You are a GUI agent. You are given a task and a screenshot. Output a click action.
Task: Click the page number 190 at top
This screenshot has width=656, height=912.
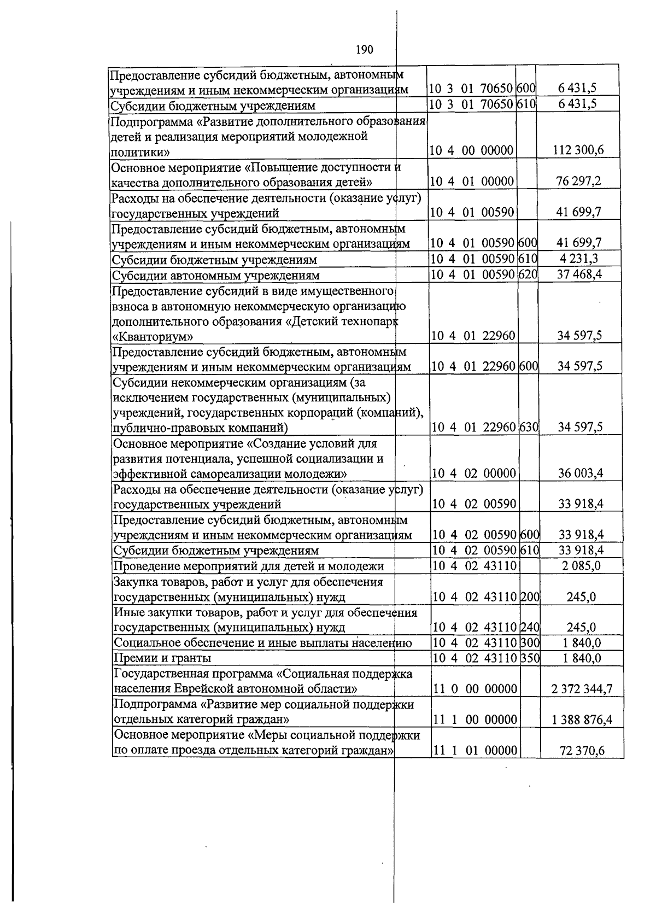(x=364, y=50)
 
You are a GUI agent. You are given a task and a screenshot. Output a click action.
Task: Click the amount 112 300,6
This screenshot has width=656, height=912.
(x=578, y=150)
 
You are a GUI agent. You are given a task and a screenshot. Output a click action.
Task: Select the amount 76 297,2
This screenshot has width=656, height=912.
(x=578, y=181)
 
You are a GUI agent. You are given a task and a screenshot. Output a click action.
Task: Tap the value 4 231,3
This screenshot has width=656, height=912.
(x=579, y=259)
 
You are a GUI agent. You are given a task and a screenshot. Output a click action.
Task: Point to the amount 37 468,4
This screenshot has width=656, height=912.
(x=579, y=274)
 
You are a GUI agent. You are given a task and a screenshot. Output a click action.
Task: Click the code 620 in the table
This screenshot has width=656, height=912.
(x=528, y=274)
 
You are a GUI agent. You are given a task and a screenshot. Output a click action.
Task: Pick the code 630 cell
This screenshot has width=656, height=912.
(x=529, y=427)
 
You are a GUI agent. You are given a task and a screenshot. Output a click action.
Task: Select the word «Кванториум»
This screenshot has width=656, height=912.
(x=153, y=336)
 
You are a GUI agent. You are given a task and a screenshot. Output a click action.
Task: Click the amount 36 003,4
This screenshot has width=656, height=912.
(x=580, y=473)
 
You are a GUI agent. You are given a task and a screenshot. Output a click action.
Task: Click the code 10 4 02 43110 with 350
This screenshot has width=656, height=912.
(x=475, y=658)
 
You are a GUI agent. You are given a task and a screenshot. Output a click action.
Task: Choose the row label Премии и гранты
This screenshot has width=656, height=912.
(x=162, y=658)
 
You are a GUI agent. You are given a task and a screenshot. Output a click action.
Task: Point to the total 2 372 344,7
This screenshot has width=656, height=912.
(x=582, y=689)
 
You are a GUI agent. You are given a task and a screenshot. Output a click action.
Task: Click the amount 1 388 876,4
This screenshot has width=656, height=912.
(x=582, y=720)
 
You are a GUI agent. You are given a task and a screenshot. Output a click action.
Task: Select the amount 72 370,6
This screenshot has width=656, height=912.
(x=582, y=751)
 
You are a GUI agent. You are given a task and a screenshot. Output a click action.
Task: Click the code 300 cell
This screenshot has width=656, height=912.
(x=530, y=643)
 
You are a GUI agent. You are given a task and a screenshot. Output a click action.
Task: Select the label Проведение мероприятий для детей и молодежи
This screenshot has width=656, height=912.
(x=249, y=566)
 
